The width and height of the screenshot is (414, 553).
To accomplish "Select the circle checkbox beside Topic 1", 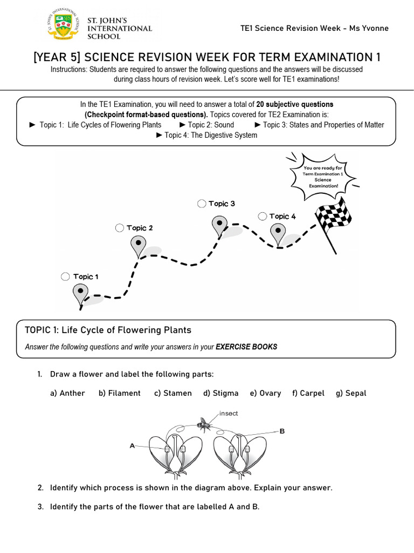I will [65, 276].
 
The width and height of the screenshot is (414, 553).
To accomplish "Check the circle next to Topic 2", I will [120, 228].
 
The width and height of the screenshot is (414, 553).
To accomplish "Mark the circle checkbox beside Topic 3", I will [202, 204].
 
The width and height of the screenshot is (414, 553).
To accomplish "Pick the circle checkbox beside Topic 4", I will [262, 216].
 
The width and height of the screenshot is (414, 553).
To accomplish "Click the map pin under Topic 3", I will [219, 225].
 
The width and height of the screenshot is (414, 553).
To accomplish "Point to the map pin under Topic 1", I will [80, 293].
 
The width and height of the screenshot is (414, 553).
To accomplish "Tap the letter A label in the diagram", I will [132, 446].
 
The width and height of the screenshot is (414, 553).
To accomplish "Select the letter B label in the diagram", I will [281, 431].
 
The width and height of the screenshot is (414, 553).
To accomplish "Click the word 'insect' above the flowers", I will [229, 413].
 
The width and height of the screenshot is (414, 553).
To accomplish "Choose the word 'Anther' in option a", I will [72, 393].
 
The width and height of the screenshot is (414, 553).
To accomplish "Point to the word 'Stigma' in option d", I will [225, 393].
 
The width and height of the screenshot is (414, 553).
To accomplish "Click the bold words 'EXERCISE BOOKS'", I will [246, 347].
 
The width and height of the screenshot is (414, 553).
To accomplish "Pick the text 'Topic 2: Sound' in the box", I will [211, 125].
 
